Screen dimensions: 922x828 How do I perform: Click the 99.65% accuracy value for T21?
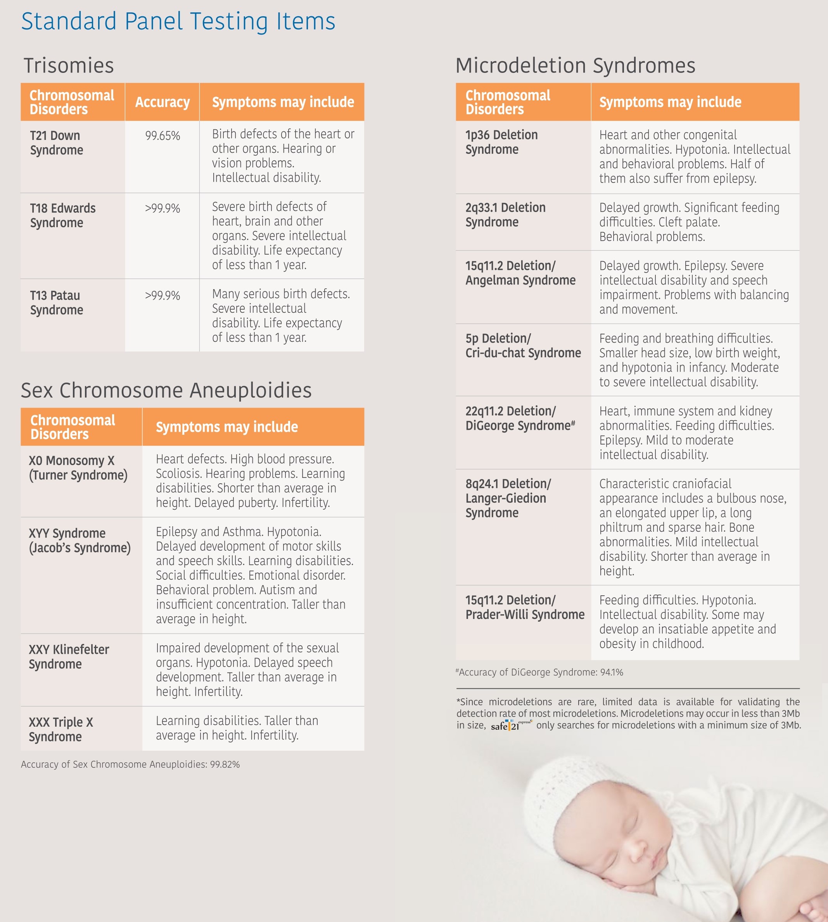pos(162,136)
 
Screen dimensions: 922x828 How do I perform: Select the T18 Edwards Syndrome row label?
pos(63,215)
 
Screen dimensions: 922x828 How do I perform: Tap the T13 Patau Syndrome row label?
pos(56,303)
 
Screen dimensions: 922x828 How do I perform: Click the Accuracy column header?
pos(162,102)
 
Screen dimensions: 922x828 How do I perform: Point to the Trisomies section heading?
pos(69,65)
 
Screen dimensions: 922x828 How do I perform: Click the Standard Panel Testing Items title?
pos(178,21)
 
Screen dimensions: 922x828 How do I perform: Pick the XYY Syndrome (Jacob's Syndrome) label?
pos(80,541)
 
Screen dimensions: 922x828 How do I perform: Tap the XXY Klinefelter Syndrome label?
pos(69,657)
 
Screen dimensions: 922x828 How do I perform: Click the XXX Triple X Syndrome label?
pos(61,730)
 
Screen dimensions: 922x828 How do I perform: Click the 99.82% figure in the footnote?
pos(225,765)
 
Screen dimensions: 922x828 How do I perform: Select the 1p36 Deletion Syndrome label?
pos(501,142)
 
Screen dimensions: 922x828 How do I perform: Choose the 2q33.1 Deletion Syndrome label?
pos(505,215)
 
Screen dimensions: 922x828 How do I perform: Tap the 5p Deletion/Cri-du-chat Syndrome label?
pos(523,346)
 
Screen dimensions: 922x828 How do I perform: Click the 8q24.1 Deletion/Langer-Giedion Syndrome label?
pos(508,498)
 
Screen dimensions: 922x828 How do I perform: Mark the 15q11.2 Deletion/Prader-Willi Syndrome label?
pos(525,607)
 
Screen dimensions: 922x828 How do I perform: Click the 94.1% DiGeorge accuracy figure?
pos(612,672)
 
